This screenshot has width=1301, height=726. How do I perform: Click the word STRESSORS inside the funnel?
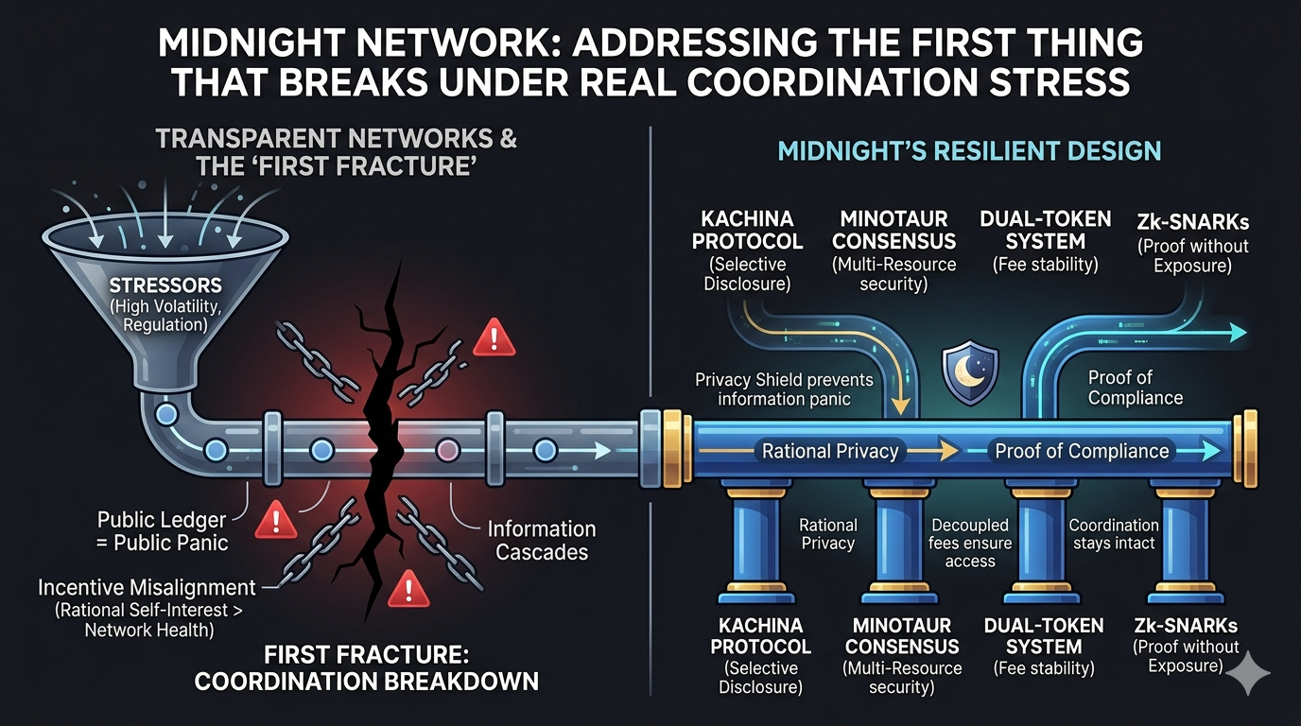[165, 285]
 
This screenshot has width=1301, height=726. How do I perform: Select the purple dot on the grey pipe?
[446, 449]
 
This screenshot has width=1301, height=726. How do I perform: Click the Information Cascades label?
[542, 541]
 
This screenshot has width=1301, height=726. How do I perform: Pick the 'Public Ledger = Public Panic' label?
[162, 531]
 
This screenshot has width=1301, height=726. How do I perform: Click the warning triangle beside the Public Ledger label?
[277, 516]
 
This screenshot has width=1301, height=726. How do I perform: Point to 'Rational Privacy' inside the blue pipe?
[829, 451]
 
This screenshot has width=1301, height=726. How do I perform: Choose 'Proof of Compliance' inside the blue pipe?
[1082, 451]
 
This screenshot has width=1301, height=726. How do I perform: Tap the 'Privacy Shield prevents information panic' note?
[784, 389]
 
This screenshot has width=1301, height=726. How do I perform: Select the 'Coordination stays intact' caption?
[1113, 533]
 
